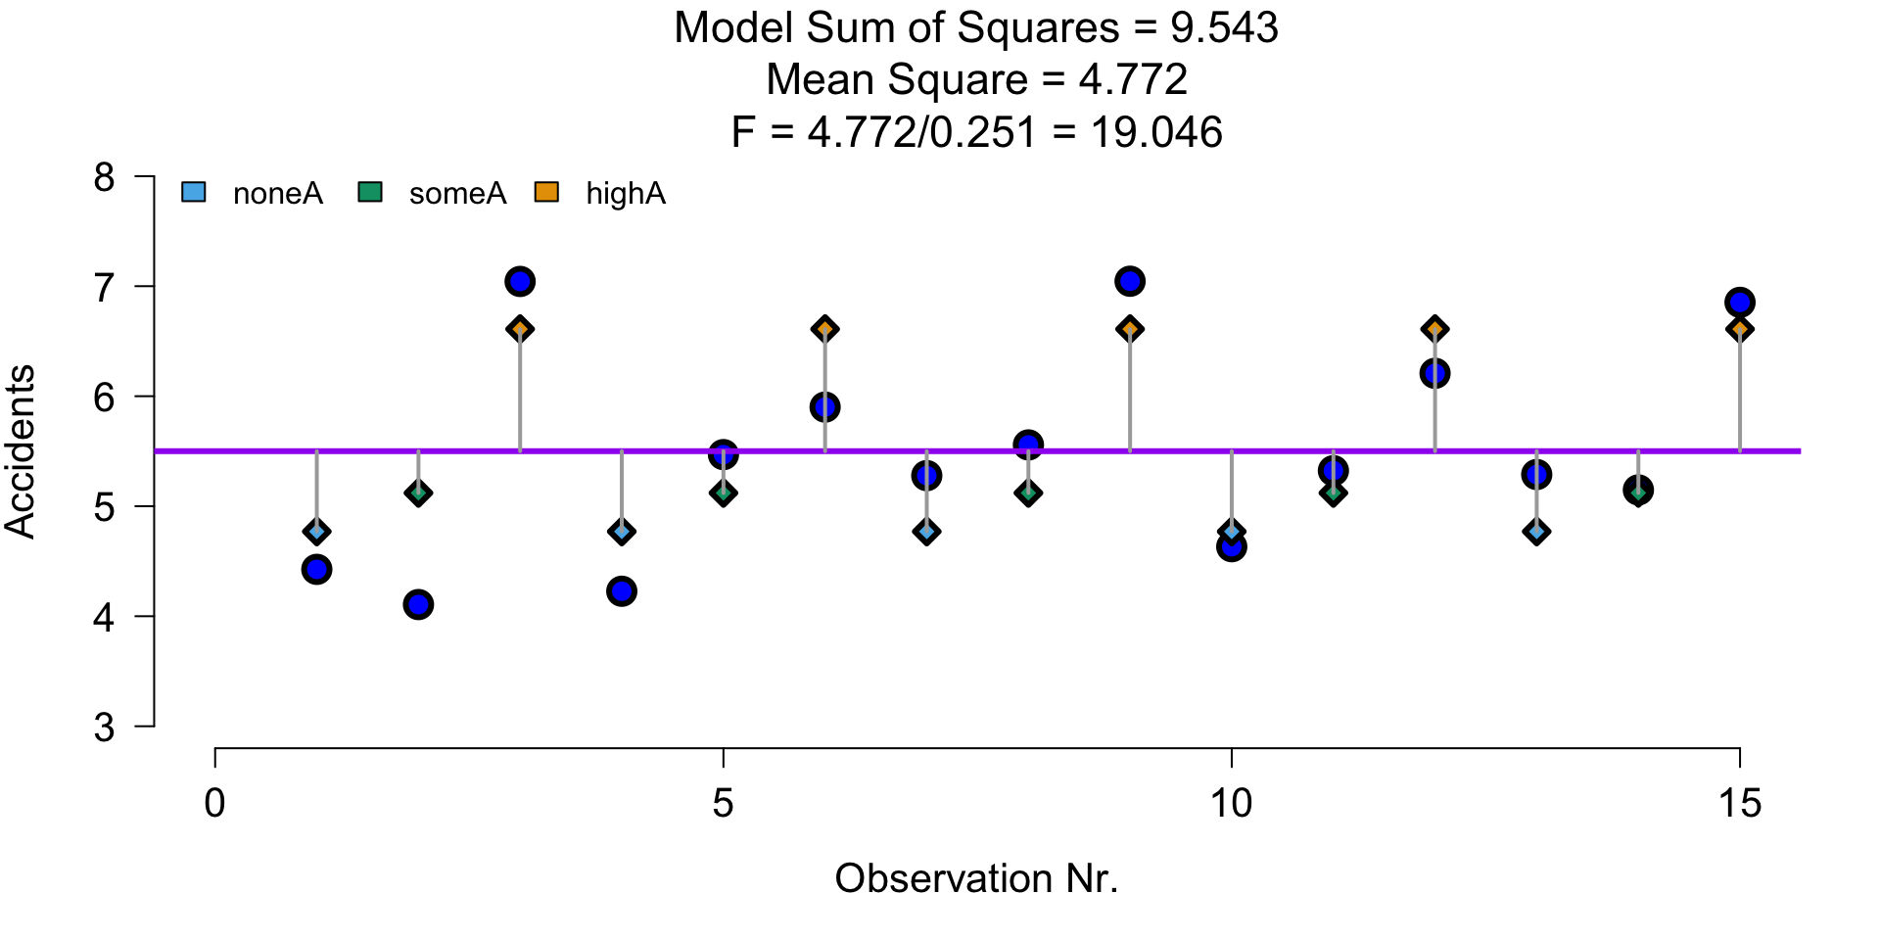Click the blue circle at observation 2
418,604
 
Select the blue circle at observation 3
520,282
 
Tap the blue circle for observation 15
1740,303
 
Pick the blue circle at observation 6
824,407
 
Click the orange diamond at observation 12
1434,329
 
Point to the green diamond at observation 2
418,493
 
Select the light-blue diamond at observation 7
926,532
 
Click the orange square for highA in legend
546,193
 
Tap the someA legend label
457,194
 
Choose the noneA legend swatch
194,193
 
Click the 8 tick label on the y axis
105,178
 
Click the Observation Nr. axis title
976,879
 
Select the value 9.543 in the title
1224,28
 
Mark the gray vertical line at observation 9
1130,392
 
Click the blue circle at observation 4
622,591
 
